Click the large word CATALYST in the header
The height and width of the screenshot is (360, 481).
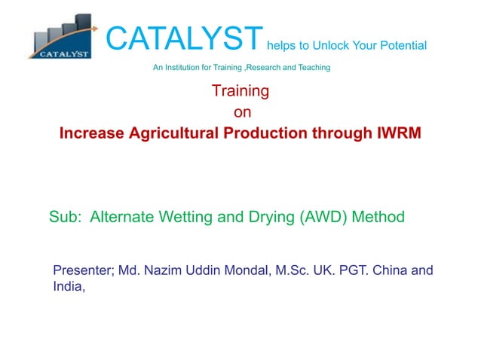(184, 38)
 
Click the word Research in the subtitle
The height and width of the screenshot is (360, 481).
(268, 69)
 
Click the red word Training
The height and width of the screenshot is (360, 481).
(240, 92)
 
